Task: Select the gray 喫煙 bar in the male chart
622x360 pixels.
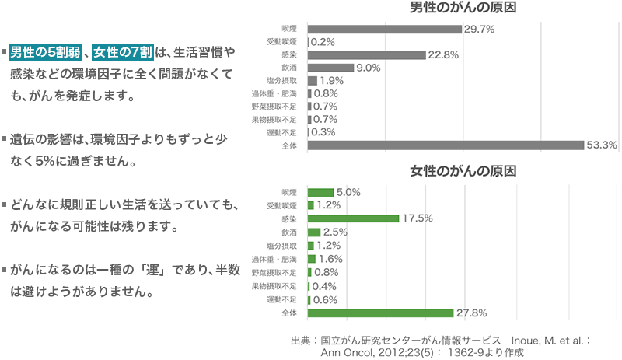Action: point(385,29)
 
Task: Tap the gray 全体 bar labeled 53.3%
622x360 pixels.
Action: point(446,145)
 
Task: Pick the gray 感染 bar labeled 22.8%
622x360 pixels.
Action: point(367,55)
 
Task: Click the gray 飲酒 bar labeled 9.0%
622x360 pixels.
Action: point(331,68)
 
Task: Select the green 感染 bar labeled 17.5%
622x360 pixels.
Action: point(354,218)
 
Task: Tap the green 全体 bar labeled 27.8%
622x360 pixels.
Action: point(380,313)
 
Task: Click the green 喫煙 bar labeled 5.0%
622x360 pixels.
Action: point(321,192)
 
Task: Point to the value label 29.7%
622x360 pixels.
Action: point(479,29)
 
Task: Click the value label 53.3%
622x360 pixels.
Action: point(602,145)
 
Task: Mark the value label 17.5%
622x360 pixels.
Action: point(418,218)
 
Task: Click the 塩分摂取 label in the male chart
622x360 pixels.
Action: point(283,81)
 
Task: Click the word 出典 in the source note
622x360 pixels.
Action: point(299,340)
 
